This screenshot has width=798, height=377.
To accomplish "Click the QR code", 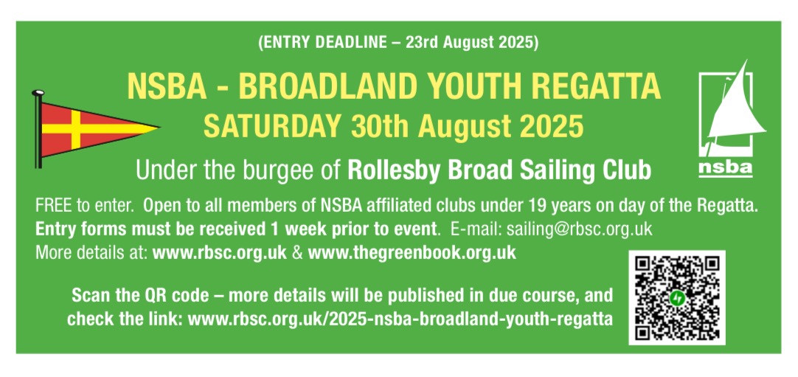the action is coord(677,297).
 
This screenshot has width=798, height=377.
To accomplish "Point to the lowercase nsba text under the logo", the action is coord(725,168).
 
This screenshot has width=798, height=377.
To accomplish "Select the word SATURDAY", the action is coord(271,126).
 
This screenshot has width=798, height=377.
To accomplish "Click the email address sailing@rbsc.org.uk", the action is coord(579,229).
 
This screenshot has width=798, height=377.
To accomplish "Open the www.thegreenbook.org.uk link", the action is coord(412,253).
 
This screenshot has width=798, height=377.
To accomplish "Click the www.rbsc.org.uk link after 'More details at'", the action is coord(220,253).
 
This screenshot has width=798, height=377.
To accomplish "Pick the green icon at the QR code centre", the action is coord(677,297).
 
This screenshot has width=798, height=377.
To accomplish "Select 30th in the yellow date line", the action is coord(375,126).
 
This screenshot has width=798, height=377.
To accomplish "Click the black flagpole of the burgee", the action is coord(38,130).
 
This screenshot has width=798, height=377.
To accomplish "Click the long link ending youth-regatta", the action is coord(400,320).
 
